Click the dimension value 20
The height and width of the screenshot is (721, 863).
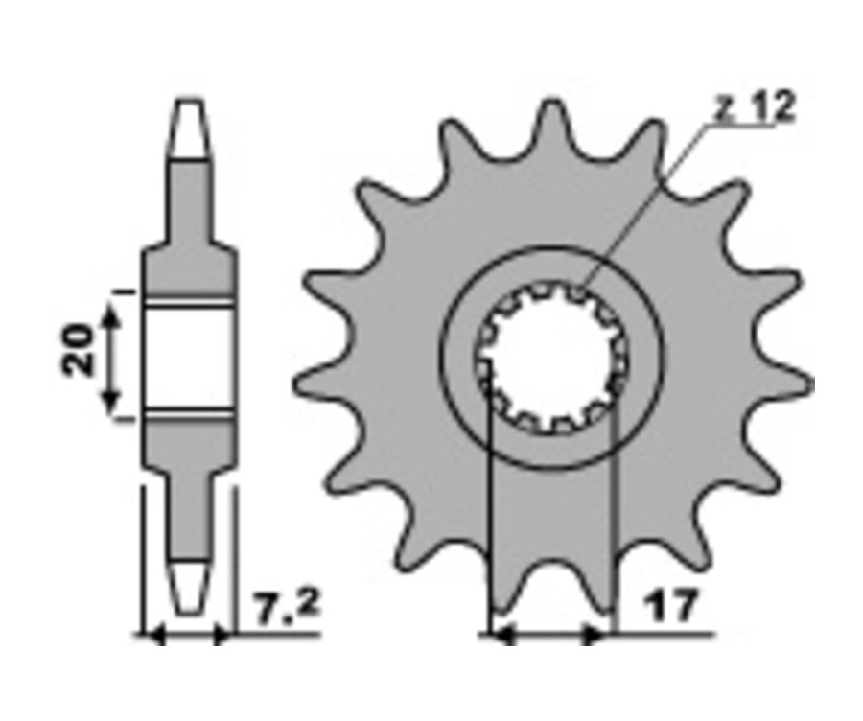click(78, 350)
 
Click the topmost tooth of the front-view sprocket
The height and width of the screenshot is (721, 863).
click(551, 127)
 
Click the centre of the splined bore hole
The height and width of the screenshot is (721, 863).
click(552, 357)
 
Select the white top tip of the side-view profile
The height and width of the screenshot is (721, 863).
click(189, 129)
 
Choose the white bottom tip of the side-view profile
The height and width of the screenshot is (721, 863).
click(189, 587)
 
